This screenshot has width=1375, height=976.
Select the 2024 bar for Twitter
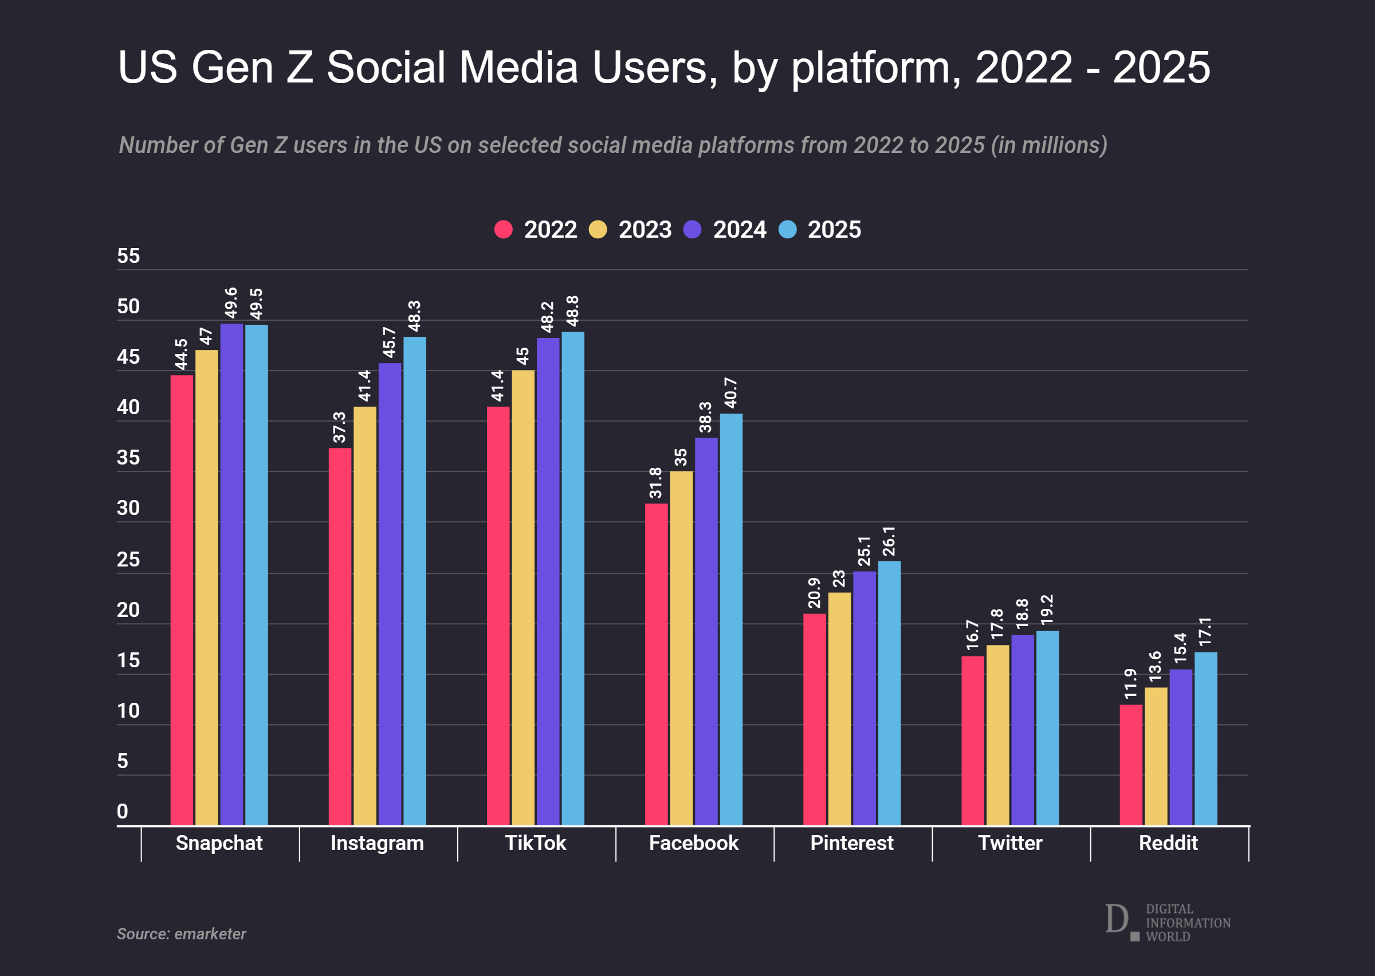(x=1022, y=730)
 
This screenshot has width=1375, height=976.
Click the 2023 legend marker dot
(x=598, y=230)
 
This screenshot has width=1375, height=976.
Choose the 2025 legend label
(x=834, y=230)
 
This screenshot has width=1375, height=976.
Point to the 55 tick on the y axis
(x=128, y=256)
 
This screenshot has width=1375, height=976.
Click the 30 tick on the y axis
(x=128, y=509)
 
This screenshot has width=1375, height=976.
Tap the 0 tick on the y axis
(x=123, y=812)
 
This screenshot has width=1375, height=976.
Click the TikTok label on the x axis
(x=536, y=843)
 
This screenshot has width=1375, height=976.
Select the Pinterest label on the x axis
(x=851, y=843)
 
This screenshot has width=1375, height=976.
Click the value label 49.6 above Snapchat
(x=231, y=303)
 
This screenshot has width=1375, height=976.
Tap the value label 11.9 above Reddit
(x=1130, y=684)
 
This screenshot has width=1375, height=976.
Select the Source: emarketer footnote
(x=182, y=934)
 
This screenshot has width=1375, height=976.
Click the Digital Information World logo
(x=1168, y=923)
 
